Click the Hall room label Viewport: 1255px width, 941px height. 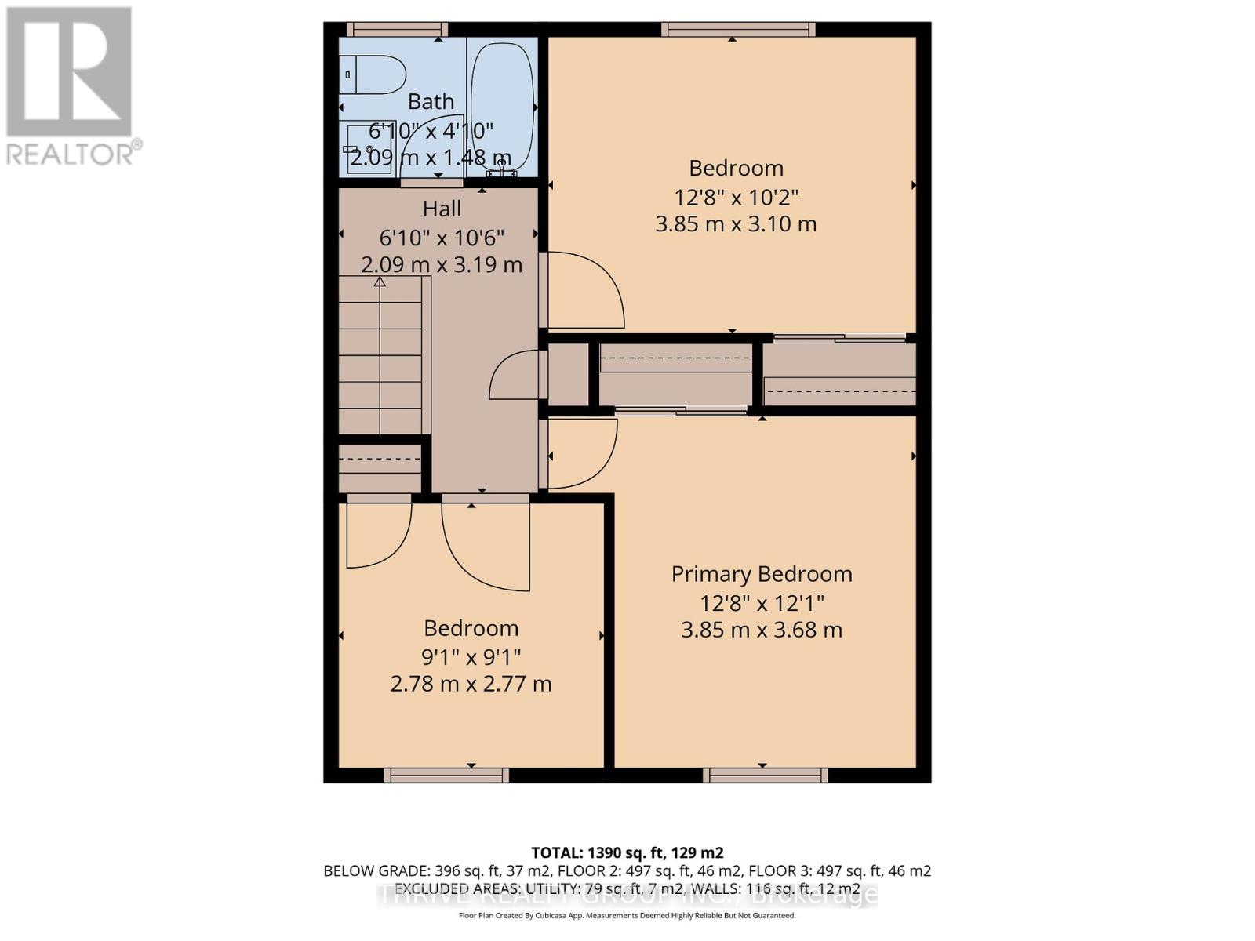pos(442,209)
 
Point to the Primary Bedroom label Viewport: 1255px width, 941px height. pos(761,574)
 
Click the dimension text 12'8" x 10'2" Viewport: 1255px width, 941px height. pos(736,196)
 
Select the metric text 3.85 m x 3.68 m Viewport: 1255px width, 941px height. pos(761,630)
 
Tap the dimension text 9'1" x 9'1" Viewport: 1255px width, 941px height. pos(471,656)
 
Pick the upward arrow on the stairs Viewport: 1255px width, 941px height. pos(380,282)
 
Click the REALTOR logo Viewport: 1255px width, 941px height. pos(71,86)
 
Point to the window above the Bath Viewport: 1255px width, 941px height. pos(396,30)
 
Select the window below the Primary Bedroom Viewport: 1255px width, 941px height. pos(765,776)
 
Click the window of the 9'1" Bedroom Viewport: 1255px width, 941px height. pos(446,776)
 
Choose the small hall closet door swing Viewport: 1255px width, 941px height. pos(515,375)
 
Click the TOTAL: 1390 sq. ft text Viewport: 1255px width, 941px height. pos(627,852)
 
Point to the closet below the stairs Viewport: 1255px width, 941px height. pos(380,468)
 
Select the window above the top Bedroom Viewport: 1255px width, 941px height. pos(737,30)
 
